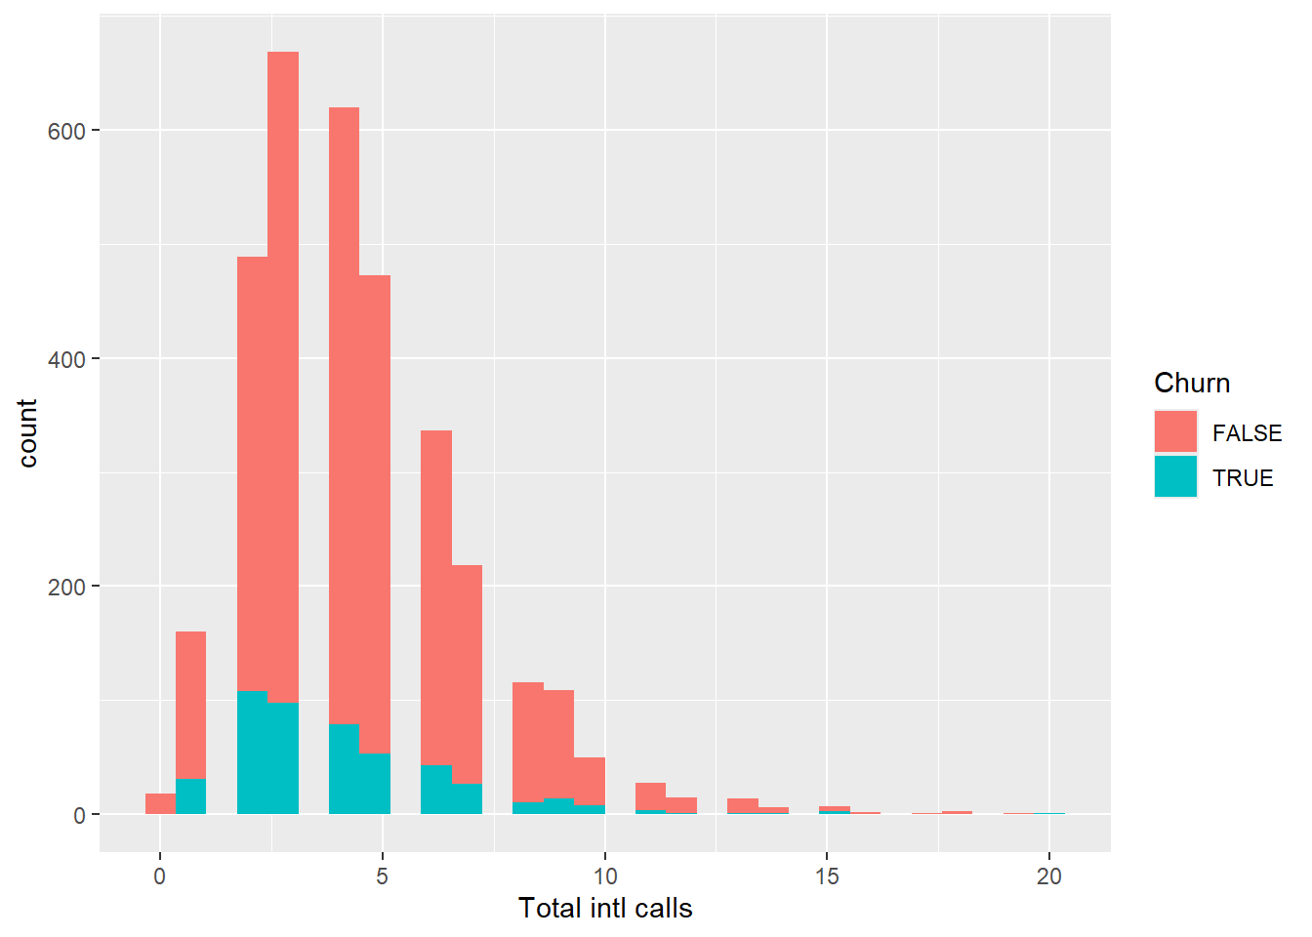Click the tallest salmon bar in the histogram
pyautogui.click(x=283, y=371)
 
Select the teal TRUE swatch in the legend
pyautogui.click(x=1175, y=477)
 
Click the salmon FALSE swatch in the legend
pyautogui.click(x=1175, y=432)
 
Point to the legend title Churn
pyautogui.click(x=1192, y=384)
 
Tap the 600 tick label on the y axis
pyautogui.click(x=66, y=131)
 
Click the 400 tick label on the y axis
pyautogui.click(x=66, y=359)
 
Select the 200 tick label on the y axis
pyautogui.click(x=66, y=587)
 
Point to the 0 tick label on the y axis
pyautogui.click(x=79, y=815)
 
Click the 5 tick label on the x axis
pyautogui.click(x=382, y=876)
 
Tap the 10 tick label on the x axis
pyautogui.click(x=604, y=876)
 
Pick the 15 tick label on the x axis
pyautogui.click(x=827, y=876)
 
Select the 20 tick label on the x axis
pyautogui.click(x=1049, y=876)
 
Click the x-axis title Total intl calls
pyautogui.click(x=605, y=909)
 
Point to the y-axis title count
pyautogui.click(x=27, y=433)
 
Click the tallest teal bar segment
pyautogui.click(x=252, y=753)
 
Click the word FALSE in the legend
pyautogui.click(x=1247, y=433)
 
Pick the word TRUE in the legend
pyautogui.click(x=1243, y=478)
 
